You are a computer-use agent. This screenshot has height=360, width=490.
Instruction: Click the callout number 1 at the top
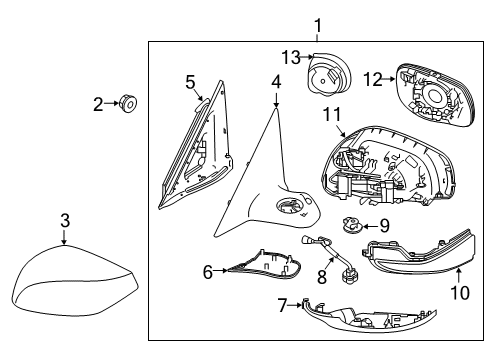click(x=317, y=25)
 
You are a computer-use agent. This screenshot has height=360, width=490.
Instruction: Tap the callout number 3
click(x=63, y=221)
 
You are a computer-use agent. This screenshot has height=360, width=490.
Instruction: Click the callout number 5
click(x=190, y=80)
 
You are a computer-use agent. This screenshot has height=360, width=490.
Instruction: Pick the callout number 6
click(x=208, y=271)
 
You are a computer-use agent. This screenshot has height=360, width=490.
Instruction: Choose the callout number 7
click(x=283, y=302)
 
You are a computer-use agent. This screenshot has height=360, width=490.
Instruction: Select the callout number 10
click(x=459, y=293)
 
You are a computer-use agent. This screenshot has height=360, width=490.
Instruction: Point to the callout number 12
click(x=372, y=78)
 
